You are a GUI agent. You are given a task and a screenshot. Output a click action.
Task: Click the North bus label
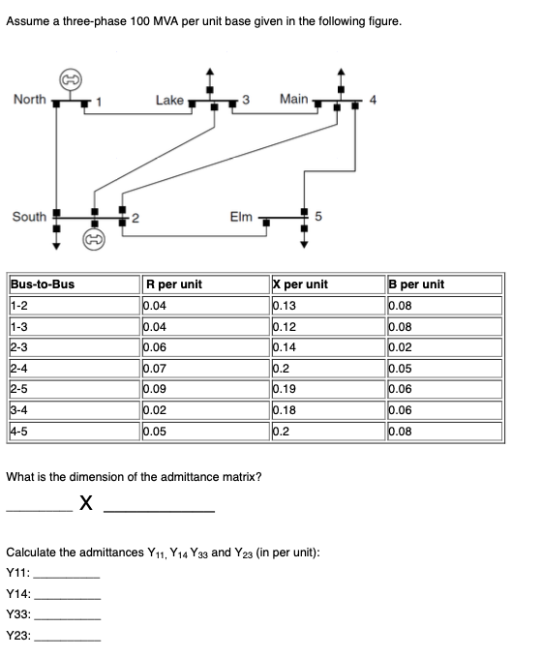pos(30,99)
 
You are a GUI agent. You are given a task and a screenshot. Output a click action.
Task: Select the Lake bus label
pos(169,100)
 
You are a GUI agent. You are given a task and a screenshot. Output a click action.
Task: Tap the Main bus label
pos(293,99)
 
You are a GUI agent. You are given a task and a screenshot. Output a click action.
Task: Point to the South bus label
pos(30,216)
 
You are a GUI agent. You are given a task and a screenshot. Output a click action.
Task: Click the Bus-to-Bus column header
pos(43,284)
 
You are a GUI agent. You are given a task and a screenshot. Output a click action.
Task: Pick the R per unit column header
pos(173,284)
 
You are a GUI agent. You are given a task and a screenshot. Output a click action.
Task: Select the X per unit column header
pos(302,284)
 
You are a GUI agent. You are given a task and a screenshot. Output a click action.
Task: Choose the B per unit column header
pos(416,284)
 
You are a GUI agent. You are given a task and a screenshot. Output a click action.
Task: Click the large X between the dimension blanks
pos(87,502)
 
